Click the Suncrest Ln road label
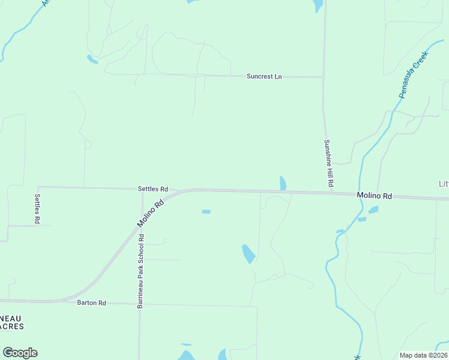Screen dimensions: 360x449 point(264,77)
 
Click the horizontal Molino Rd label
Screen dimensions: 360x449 point(374,196)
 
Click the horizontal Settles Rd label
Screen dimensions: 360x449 point(152,188)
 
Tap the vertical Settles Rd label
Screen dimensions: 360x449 point(37,209)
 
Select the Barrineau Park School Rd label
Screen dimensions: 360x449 point(140,271)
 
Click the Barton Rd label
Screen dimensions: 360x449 point(91,303)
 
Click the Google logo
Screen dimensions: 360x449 point(20,353)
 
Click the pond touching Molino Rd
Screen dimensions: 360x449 point(283,183)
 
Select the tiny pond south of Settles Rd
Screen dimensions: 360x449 point(206,211)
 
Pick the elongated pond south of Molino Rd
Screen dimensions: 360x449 point(248,254)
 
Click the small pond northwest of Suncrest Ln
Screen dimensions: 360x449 point(92,59)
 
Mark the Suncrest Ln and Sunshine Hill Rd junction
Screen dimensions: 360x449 point(324,77)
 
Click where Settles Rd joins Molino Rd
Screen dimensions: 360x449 point(179,191)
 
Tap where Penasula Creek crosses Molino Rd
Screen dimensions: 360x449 point(361,195)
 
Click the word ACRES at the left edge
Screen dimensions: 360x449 point(12,326)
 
